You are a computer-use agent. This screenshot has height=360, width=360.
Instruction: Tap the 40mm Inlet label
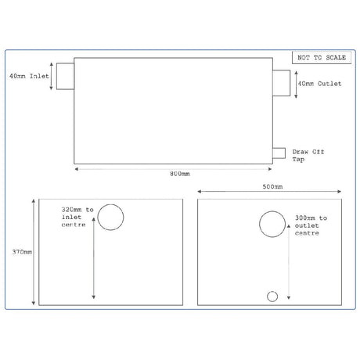click(x=27, y=77)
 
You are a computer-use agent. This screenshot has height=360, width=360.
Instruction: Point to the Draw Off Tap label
click(x=306, y=155)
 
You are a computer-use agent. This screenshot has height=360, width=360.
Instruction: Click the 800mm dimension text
click(x=179, y=173)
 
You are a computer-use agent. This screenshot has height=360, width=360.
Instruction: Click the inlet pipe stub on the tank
click(x=66, y=76)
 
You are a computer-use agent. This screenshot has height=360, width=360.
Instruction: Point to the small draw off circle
click(x=272, y=296)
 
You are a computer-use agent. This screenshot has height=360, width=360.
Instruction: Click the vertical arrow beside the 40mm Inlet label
click(x=52, y=76)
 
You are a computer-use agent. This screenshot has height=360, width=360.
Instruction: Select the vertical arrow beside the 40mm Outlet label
click(x=293, y=82)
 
